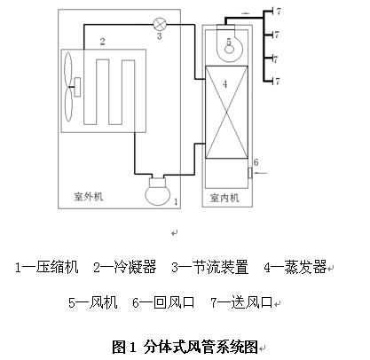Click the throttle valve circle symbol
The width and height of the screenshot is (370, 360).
[160, 25]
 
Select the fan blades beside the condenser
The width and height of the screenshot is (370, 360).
[68, 87]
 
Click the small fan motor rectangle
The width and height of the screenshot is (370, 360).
[77, 87]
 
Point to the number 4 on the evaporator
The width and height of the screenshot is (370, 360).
[224, 84]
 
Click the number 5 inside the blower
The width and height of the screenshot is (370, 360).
[229, 42]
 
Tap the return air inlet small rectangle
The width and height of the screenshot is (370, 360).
[250, 173]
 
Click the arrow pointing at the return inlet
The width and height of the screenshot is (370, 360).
[261, 173]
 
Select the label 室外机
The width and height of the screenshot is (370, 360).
[89, 196]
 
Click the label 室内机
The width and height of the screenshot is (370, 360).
[224, 198]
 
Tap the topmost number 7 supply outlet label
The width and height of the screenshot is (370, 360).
[278, 12]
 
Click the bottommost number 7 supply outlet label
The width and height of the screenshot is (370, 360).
[277, 81]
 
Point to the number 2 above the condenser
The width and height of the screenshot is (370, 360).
[102, 42]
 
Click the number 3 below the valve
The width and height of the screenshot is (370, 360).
[159, 36]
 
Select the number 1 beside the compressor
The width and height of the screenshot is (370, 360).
[176, 201]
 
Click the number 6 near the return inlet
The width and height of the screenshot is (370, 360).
[256, 162]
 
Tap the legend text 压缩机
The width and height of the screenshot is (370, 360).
[57, 267]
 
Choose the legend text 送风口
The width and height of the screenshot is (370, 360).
[252, 302]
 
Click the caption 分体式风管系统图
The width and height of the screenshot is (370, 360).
[201, 347]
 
